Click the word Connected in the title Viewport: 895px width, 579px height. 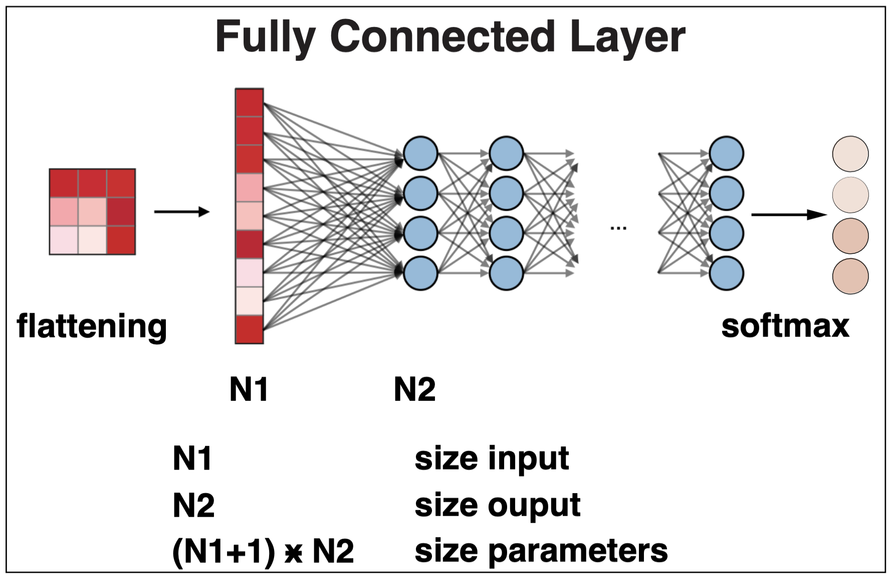[442, 37]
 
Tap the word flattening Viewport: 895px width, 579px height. [92, 326]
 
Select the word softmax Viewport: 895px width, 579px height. [785, 326]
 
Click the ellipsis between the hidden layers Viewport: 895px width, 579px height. [618, 228]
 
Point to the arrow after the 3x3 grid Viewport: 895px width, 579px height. [181, 212]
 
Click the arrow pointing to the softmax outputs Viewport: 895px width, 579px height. [788, 215]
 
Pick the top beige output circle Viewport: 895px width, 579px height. [850, 154]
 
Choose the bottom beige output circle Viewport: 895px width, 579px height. [850, 276]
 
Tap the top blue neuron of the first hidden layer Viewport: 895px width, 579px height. [420, 153]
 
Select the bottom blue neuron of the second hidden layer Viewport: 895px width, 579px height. [506, 273]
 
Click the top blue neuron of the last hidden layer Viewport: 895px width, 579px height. [726, 153]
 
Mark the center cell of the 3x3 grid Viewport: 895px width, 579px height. [92, 212]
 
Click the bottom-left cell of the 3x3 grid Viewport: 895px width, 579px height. [64, 240]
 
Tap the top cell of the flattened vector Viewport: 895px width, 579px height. [249, 103]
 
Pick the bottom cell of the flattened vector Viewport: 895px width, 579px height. [249, 329]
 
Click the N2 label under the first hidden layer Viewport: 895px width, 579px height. [414, 389]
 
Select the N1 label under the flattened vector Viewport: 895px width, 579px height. [249, 389]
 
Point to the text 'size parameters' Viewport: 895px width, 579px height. [541, 551]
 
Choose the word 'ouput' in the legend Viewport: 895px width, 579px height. [534, 505]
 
